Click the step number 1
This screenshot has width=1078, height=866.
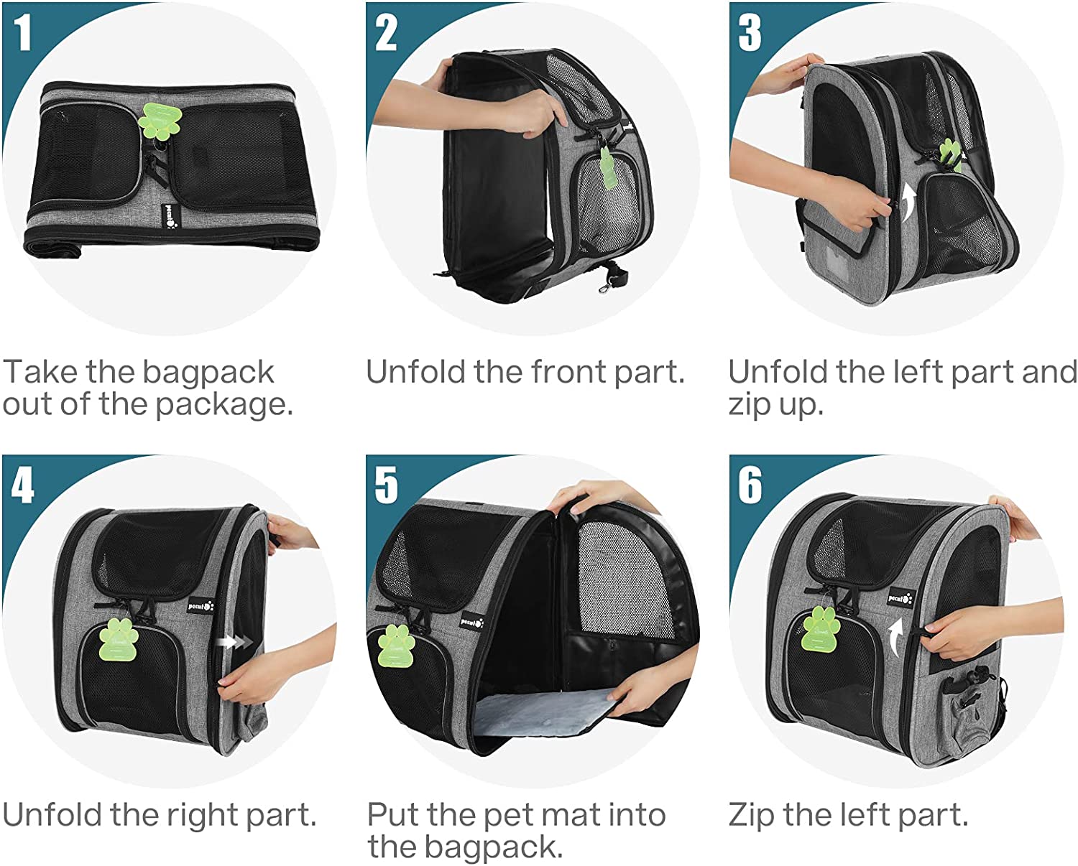pos(22,32)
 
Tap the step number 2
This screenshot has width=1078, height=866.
pos(386,32)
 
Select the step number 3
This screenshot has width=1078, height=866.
pos(750,32)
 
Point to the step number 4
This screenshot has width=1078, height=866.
pos(22,485)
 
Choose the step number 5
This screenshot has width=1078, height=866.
pos(386,485)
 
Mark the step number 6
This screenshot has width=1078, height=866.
pos(750,485)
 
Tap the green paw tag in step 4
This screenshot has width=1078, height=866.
pos(119,639)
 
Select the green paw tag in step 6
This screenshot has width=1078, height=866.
pos(821,628)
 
